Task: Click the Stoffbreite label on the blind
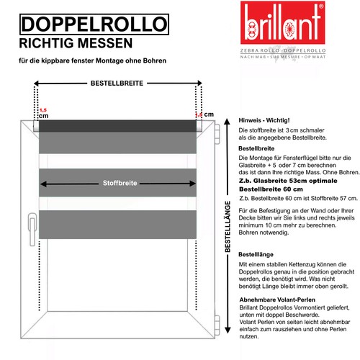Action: pyautogui.click(x=119, y=182)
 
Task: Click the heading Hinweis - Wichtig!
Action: pyautogui.click(x=264, y=119)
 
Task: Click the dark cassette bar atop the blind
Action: pyautogui.click(x=119, y=126)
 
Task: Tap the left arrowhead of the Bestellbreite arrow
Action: pyautogui.click(x=38, y=84)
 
